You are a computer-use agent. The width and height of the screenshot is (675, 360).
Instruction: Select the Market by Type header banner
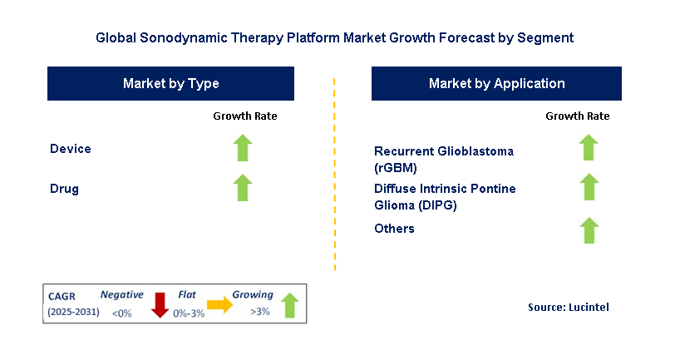170,83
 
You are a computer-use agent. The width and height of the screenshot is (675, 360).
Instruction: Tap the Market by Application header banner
496,83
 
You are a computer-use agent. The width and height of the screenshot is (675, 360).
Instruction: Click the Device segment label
71,149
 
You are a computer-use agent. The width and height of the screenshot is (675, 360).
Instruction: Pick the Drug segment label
64,189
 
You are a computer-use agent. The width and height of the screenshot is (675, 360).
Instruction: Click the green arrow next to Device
242,148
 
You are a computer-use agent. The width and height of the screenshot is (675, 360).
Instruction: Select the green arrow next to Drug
242,187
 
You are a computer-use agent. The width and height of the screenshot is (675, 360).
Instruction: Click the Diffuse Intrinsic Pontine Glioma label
445,195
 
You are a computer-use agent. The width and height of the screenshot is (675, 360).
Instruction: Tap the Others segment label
394,229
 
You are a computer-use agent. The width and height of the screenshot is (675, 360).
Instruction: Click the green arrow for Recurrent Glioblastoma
589,147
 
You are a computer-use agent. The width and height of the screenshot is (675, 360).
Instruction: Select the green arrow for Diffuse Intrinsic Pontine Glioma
589,188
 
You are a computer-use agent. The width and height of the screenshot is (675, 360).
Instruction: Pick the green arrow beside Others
589,229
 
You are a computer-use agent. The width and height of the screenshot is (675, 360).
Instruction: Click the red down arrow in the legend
160,304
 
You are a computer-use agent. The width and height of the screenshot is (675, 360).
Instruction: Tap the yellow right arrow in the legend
219,305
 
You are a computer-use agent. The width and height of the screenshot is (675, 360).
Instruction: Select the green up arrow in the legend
289,304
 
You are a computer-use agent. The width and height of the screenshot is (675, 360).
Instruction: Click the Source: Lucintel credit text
568,308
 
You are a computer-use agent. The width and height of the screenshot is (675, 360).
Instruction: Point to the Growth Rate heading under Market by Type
244,116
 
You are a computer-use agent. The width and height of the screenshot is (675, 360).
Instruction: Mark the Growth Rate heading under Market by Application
577,116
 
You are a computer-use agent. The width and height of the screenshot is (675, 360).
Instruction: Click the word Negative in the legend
121,294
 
